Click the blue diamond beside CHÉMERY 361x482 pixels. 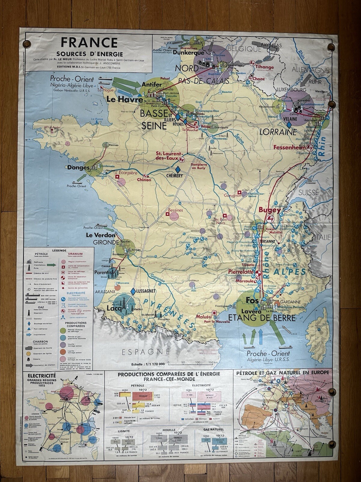coord(178,169)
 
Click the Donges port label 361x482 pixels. coord(75,167)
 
